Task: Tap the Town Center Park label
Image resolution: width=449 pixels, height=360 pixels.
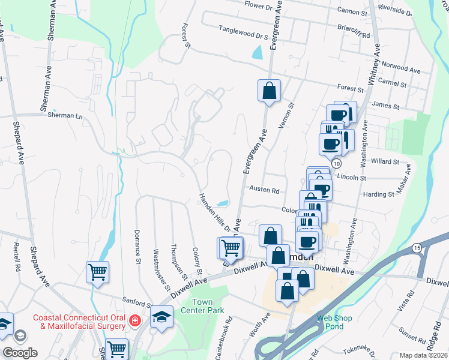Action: pos(207,306)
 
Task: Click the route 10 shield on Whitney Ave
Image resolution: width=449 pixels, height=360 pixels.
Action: pos(337,163)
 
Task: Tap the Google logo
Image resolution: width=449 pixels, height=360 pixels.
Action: pos(20,352)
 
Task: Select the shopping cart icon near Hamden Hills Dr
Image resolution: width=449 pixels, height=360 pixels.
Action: pos(231,247)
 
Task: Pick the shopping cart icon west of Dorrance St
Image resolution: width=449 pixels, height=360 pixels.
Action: pos(97,272)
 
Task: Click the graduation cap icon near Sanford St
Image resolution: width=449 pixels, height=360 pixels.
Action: pos(161,316)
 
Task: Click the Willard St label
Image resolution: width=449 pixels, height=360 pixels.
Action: pos(385,162)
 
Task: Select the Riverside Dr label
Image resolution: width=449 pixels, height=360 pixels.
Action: pos(396,10)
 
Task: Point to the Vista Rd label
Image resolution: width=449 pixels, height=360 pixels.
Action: pos(411,301)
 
